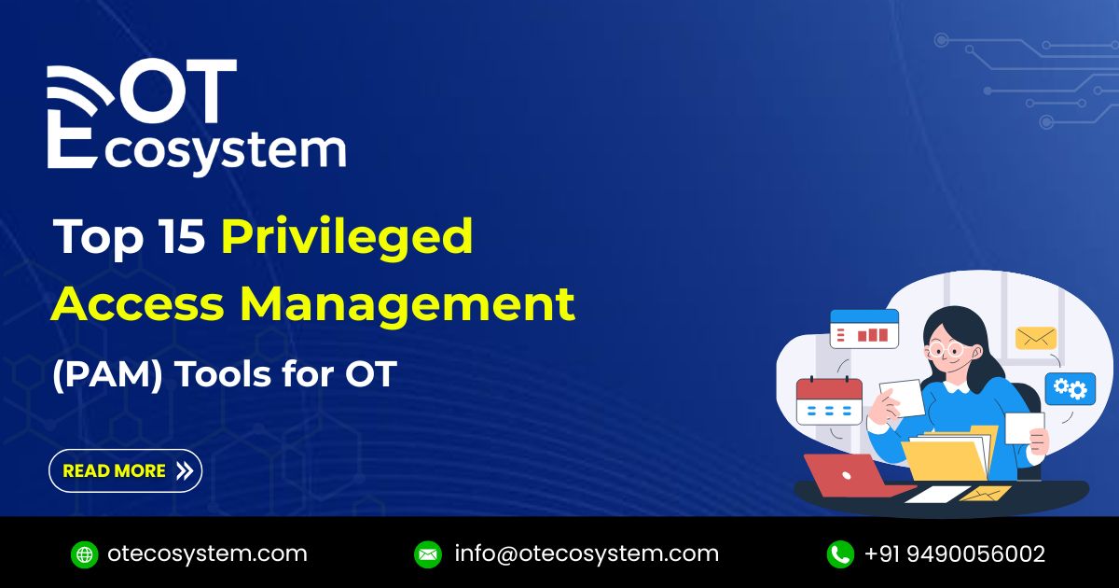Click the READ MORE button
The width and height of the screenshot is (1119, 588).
tap(125, 470)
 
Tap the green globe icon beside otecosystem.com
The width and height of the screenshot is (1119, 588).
tap(84, 553)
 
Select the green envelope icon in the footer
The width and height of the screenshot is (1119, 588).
tap(428, 553)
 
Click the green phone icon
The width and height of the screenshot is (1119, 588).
tap(840, 553)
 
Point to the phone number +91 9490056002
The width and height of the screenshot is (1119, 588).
tap(955, 553)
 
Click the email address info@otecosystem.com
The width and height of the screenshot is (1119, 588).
tap(587, 553)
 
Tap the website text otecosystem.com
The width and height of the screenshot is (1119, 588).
tap(207, 553)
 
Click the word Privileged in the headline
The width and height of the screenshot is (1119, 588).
tap(347, 238)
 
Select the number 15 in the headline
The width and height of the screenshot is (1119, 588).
tap(185, 238)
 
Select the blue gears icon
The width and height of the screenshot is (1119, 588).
tap(1070, 388)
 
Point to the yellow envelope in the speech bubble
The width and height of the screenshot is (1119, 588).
tap(1036, 338)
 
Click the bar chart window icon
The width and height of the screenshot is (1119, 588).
tap(863, 329)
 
